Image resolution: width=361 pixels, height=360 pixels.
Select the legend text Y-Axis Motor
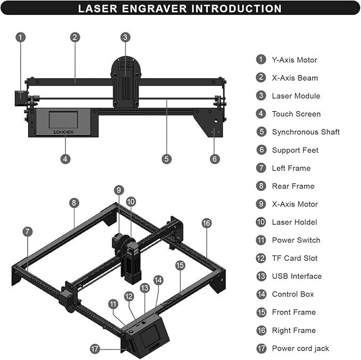click(x=294, y=60)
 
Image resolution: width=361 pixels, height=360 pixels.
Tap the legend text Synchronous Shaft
click(x=305, y=132)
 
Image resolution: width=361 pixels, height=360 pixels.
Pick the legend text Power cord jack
click(x=300, y=348)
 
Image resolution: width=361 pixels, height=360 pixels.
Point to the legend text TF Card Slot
click(x=294, y=258)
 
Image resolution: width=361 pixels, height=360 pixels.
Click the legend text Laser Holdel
click(x=294, y=222)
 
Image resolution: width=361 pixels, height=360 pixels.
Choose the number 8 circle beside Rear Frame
click(x=261, y=186)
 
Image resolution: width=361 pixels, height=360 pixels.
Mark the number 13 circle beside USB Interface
click(x=261, y=276)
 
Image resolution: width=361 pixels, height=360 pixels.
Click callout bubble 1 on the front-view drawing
click(x=20, y=37)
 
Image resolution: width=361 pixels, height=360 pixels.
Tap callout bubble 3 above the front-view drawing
click(x=125, y=37)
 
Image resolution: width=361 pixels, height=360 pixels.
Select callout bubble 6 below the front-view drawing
click(x=215, y=158)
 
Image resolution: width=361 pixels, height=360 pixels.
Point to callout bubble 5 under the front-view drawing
click(x=167, y=158)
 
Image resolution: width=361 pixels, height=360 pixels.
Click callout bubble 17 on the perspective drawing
click(x=95, y=349)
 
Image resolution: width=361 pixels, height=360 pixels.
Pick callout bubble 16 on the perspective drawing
click(x=207, y=223)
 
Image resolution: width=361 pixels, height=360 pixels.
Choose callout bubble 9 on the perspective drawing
click(x=119, y=190)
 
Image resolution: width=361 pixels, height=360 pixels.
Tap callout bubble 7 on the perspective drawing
click(x=28, y=231)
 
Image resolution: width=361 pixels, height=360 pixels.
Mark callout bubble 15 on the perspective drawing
click(x=180, y=265)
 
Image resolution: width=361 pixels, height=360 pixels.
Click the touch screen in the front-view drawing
click(x=63, y=119)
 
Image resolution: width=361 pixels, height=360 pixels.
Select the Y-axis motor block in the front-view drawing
click(x=21, y=98)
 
